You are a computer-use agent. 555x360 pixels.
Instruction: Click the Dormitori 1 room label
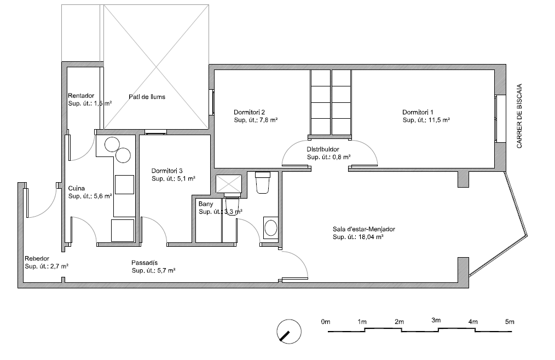click(x=418, y=112)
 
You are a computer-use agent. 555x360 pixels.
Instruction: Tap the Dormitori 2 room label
click(x=249, y=112)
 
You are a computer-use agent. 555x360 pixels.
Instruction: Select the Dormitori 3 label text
click(x=167, y=171)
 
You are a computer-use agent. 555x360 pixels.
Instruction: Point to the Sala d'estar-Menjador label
click(x=363, y=229)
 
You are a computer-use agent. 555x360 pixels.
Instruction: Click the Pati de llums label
click(x=147, y=97)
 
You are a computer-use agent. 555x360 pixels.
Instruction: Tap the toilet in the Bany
click(x=262, y=182)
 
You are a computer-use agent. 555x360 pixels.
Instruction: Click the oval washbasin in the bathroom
click(x=271, y=228)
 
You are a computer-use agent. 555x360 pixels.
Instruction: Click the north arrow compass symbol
click(x=289, y=332)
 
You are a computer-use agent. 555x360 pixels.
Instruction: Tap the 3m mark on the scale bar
click(x=436, y=321)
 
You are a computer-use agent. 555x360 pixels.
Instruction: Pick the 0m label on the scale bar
click(x=326, y=322)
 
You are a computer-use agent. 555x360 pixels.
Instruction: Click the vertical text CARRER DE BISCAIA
click(x=519, y=116)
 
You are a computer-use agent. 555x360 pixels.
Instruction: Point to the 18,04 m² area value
click(x=371, y=237)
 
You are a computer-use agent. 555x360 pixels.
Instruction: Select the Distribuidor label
click(x=323, y=149)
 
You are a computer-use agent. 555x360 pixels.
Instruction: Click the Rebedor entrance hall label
click(x=37, y=259)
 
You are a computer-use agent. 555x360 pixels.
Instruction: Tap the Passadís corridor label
click(x=144, y=263)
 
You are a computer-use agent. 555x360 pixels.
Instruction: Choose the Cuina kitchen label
click(x=77, y=189)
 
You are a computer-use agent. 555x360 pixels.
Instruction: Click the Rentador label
click(x=81, y=96)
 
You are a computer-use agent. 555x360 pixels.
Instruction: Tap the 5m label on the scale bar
click(x=510, y=322)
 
